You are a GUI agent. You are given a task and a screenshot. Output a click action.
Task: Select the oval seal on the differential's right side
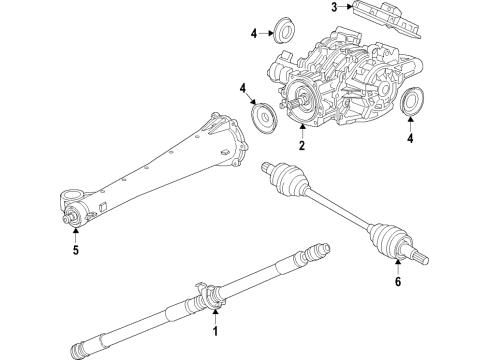(410, 104)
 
